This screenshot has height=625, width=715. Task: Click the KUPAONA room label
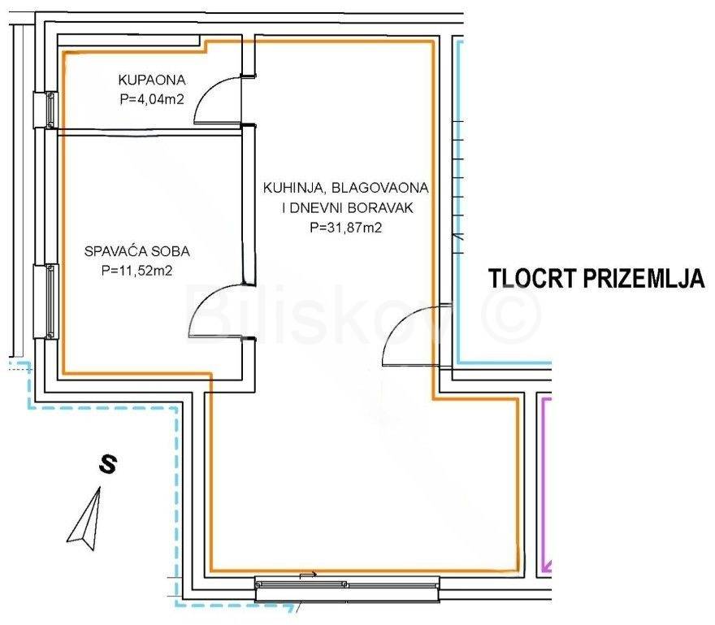152,80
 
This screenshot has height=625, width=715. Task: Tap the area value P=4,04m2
152,99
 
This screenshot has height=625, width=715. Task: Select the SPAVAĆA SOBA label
137,251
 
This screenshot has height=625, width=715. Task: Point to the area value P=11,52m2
136,271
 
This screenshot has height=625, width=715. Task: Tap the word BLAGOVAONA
380,188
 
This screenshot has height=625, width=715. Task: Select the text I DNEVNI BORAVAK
348,208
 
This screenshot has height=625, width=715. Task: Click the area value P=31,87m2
345,228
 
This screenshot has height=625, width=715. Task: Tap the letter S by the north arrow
108,464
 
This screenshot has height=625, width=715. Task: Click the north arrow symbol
85,519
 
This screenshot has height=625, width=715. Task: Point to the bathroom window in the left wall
50,110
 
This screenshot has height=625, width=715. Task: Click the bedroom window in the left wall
50,301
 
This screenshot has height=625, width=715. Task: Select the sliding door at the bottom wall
347,589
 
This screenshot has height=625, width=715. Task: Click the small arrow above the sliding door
308,575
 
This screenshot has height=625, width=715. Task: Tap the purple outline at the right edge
544,484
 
